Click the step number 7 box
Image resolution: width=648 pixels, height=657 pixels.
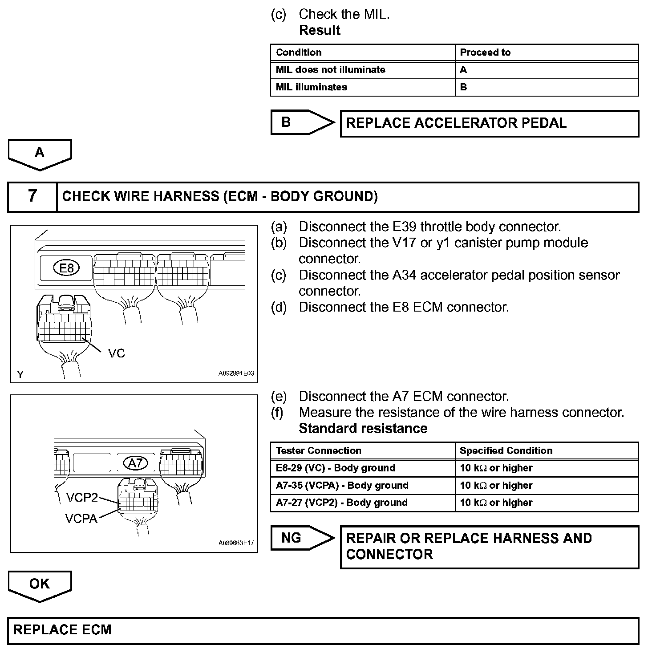click(32, 196)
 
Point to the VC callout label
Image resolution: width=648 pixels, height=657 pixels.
click(117, 353)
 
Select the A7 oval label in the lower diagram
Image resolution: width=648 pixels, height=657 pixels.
click(135, 463)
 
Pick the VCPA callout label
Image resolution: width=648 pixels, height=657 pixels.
click(81, 519)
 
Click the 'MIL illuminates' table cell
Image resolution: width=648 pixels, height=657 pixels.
click(312, 87)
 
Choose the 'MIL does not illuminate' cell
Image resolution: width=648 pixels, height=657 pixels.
click(330, 70)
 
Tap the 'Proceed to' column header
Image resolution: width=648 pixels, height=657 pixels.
click(485, 53)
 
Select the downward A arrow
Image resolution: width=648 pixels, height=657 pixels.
click(40, 154)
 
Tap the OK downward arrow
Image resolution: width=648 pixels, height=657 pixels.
click(40, 585)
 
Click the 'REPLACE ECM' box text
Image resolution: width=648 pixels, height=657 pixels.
click(62, 630)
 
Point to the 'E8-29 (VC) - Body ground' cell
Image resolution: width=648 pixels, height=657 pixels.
click(335, 468)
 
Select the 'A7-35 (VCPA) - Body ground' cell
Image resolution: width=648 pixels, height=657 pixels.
click(342, 485)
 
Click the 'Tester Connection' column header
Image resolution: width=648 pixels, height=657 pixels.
click(318, 450)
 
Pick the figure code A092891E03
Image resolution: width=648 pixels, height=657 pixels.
click(236, 373)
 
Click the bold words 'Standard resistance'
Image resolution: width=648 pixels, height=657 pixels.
click(363, 428)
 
